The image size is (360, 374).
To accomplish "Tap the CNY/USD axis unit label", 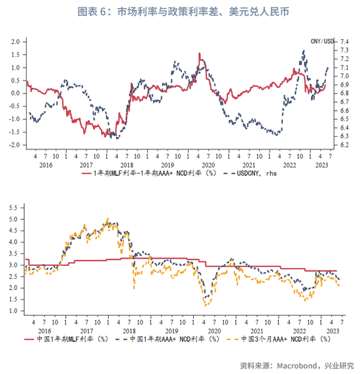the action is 322,41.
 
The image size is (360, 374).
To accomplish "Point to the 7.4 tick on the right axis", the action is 344,42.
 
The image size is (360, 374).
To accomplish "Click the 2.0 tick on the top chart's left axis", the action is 15,42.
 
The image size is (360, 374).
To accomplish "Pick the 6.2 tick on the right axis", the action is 344,145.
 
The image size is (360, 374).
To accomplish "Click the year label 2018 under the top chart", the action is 127,165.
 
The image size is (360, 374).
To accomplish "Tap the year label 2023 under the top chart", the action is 322,165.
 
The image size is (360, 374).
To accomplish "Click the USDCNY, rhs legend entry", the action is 250,174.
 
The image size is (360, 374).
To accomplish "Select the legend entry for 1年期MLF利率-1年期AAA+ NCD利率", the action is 149,174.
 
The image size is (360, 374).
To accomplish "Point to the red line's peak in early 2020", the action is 200,54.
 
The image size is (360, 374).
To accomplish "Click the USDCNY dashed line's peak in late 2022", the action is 304,50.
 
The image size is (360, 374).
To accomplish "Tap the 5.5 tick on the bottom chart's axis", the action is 13,208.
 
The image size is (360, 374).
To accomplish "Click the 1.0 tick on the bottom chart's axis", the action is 13,310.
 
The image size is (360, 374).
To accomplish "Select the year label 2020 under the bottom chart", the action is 214,331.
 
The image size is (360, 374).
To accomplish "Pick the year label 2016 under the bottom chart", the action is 45,331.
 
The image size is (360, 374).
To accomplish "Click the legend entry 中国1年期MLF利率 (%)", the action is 67,339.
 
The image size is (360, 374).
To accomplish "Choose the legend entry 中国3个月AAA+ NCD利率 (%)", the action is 278,339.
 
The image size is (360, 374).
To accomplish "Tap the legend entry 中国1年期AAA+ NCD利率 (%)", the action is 167,339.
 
